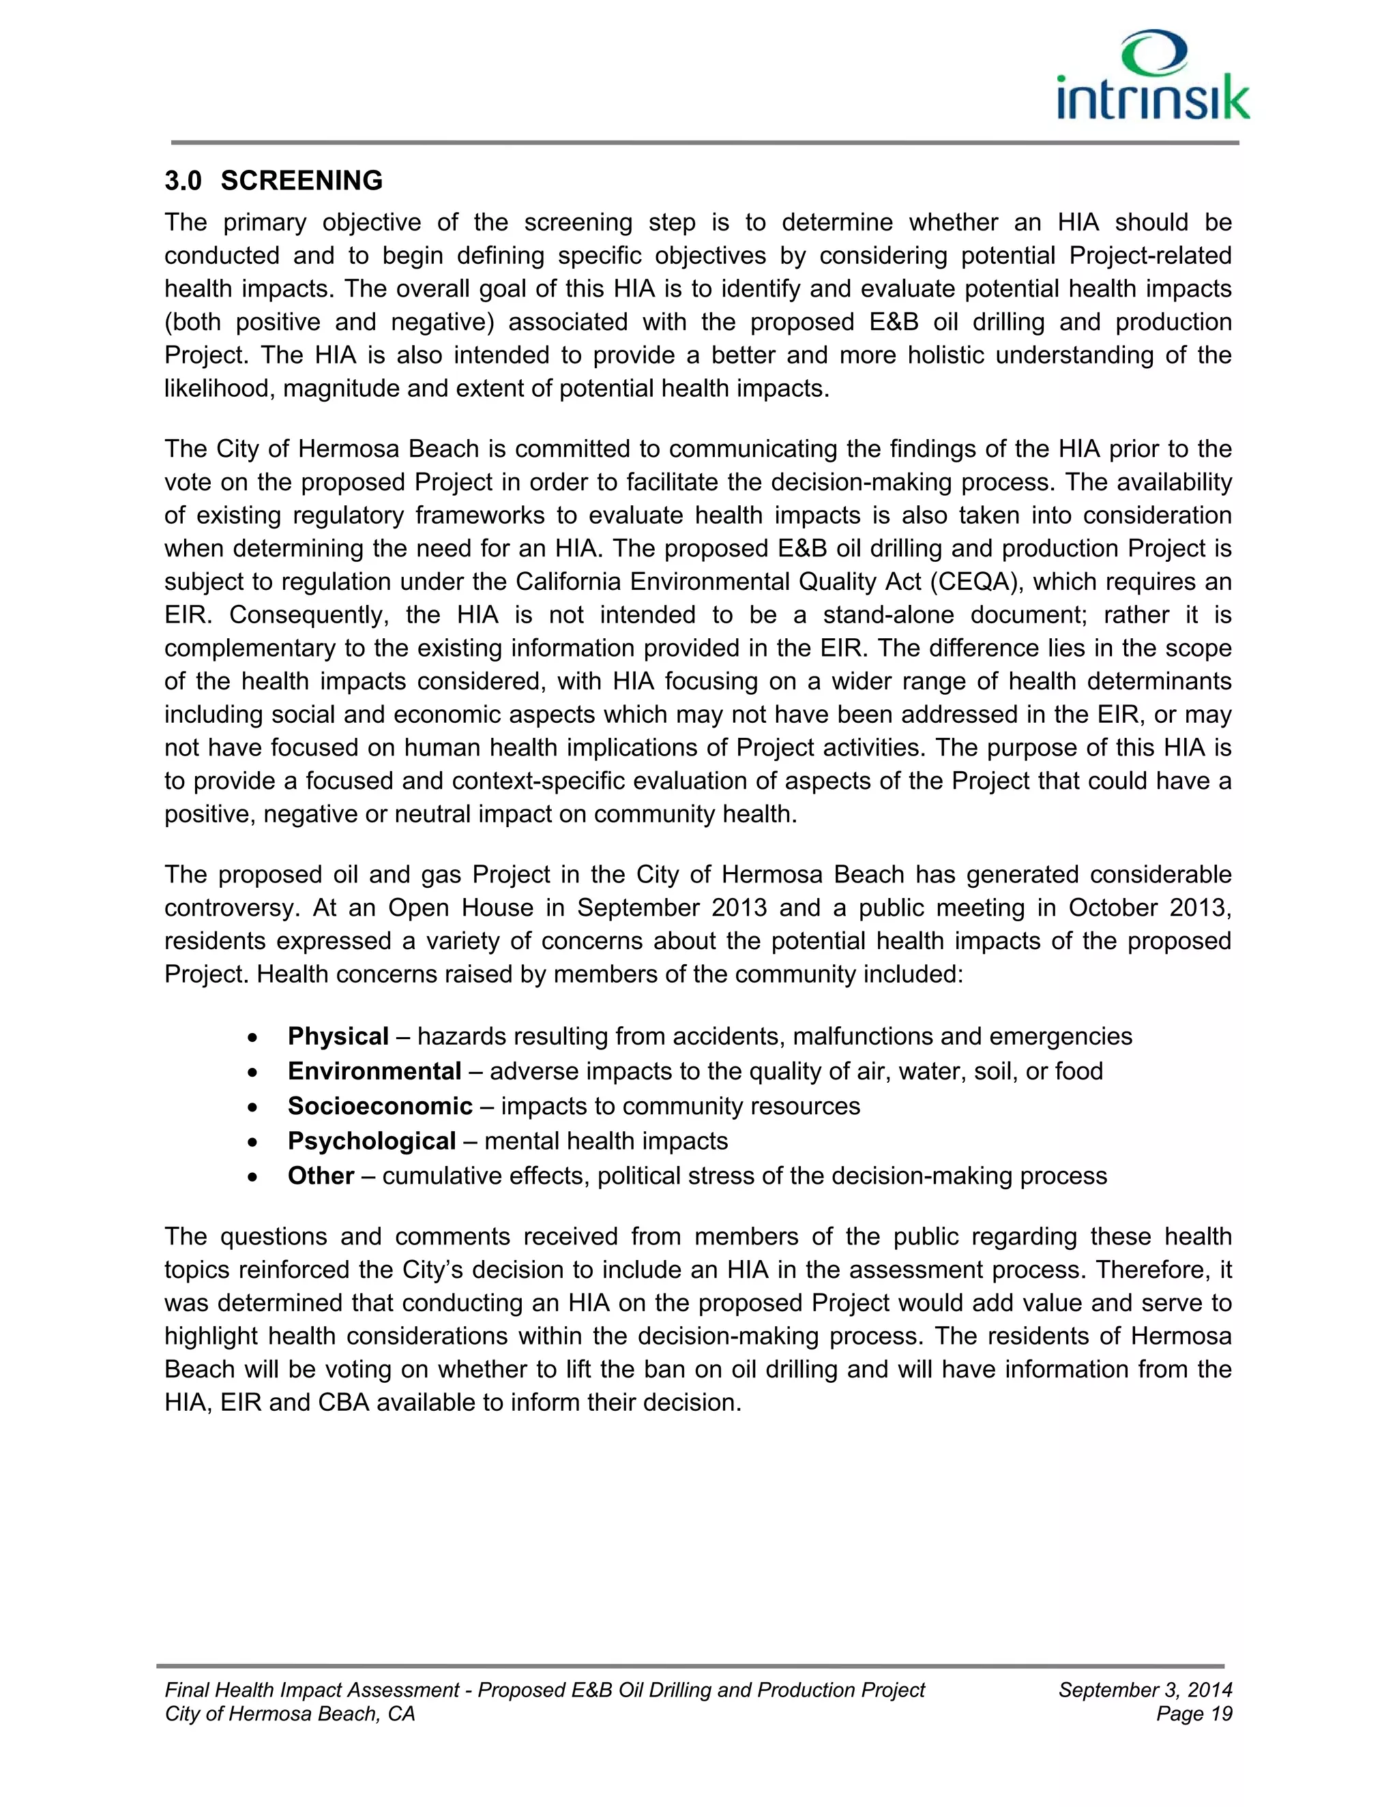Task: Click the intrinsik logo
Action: coord(1153,77)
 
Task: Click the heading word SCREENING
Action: coord(302,181)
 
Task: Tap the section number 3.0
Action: coord(183,181)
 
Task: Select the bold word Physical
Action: coord(338,1036)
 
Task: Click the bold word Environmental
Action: coord(374,1071)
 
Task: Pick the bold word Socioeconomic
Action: coord(380,1105)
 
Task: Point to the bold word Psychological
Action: coord(372,1141)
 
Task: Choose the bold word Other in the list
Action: coord(321,1176)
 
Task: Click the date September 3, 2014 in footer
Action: coord(1145,1690)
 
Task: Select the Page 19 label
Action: coord(1194,1714)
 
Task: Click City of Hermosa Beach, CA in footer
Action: coord(290,1714)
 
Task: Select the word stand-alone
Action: coord(886,615)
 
